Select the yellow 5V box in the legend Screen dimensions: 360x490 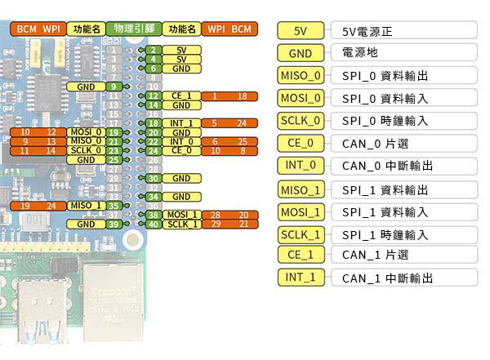300,31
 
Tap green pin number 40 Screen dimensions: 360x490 153,224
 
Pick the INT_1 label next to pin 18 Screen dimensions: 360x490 181,123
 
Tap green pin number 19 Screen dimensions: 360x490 114,132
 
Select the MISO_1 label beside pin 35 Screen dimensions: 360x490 86,205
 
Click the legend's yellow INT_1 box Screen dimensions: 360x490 300,277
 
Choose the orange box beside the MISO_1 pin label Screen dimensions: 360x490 38,205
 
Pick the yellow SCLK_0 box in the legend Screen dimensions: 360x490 300,121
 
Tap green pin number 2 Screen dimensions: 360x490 153,50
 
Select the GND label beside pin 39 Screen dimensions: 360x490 86,224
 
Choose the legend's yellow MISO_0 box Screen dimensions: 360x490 300,76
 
